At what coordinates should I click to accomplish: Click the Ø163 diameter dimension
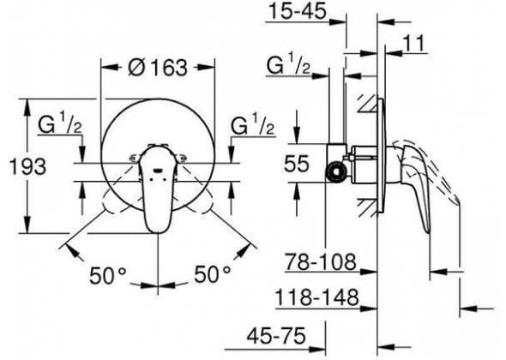coord(158,68)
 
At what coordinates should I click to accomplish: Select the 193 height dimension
coord(27,166)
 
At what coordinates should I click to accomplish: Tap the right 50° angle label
coord(212,275)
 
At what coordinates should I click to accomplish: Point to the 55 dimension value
coord(297,163)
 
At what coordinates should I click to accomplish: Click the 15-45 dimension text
coord(298,12)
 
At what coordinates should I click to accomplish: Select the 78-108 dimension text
coord(321,261)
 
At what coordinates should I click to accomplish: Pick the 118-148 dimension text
coord(317,297)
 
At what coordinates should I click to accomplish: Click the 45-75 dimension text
coord(276,336)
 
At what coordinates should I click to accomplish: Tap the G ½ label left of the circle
coord(61,124)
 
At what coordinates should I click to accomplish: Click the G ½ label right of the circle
coord(253,124)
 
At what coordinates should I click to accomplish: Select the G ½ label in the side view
coord(288,65)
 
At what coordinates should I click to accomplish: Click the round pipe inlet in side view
coord(335,171)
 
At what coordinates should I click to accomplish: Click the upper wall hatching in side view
coord(368,104)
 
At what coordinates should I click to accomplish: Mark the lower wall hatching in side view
coord(368,208)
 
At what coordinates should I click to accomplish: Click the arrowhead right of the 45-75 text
coord(317,350)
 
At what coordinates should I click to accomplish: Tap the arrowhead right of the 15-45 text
coord(338,22)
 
